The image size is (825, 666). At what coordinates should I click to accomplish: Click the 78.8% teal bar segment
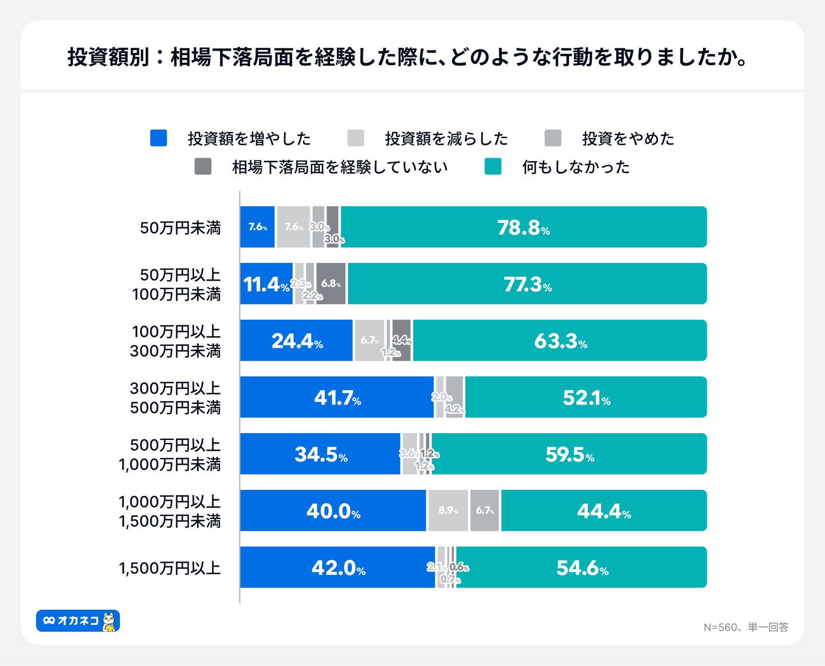[x=523, y=227]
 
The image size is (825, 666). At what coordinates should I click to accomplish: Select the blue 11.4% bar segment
[x=266, y=284]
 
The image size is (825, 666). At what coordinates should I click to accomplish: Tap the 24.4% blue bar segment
[x=296, y=340]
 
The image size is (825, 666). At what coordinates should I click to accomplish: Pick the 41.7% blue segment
[x=337, y=397]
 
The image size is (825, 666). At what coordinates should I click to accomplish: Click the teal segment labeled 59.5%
[x=569, y=454]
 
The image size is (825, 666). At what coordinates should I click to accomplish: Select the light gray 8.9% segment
[x=448, y=511]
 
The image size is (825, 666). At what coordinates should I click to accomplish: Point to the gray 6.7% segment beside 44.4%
[x=485, y=511]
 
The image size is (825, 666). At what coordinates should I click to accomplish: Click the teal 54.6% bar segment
[x=581, y=567]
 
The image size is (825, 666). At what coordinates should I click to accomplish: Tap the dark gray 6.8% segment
[x=331, y=284]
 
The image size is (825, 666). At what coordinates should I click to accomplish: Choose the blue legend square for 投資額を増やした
[x=158, y=138]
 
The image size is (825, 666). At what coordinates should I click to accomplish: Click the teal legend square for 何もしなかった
[x=492, y=167]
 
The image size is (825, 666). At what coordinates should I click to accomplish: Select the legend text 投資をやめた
[x=628, y=139]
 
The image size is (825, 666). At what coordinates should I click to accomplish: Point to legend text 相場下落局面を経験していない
[x=339, y=167]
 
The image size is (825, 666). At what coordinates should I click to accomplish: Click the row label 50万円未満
[x=180, y=228]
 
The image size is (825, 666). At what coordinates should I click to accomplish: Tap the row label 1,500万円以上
[x=169, y=568]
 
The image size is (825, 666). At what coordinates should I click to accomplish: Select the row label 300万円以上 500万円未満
[x=175, y=398]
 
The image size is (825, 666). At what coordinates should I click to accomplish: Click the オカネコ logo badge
[x=78, y=621]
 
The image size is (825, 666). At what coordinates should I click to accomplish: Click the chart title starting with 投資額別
[x=408, y=57]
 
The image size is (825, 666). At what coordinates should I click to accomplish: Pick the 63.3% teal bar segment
[x=560, y=340]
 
